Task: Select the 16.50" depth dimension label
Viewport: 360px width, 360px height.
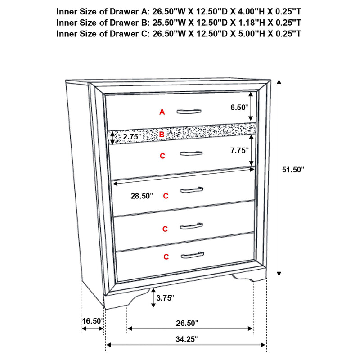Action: tap(93, 321)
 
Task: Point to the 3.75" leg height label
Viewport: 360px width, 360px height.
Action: tap(165, 297)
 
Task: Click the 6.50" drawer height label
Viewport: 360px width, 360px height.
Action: tap(239, 108)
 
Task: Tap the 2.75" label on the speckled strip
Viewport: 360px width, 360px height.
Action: tap(132, 136)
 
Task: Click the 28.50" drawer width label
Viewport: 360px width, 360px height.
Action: tap(141, 196)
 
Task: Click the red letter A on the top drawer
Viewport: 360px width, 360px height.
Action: tap(162, 112)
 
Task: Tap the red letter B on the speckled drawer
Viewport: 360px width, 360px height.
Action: tap(162, 134)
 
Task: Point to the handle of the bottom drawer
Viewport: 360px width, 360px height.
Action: tap(191, 256)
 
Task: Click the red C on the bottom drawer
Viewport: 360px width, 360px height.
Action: tap(166, 257)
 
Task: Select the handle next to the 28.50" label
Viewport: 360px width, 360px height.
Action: tap(191, 190)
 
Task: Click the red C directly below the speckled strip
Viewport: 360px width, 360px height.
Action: tap(162, 156)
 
